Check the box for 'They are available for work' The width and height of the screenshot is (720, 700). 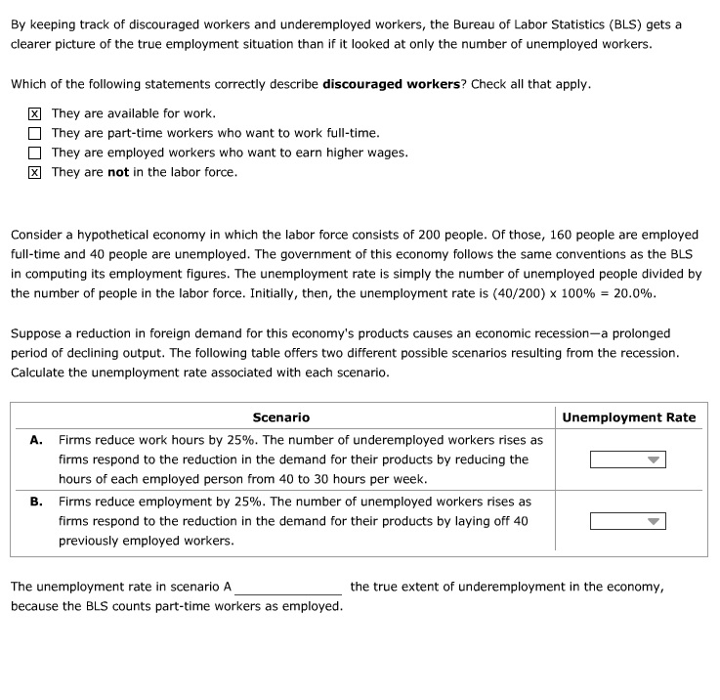[x=35, y=113]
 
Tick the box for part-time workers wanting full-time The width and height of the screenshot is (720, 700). [x=35, y=133]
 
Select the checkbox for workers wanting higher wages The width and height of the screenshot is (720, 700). [x=35, y=153]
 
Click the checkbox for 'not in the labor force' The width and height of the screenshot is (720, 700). [x=35, y=172]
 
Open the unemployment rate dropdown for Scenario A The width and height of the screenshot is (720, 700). [x=627, y=459]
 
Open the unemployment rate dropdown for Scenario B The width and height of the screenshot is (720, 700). [x=627, y=521]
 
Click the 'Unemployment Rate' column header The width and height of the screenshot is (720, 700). [x=629, y=417]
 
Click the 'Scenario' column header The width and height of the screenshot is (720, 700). [x=280, y=417]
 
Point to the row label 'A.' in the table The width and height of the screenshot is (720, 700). [x=36, y=440]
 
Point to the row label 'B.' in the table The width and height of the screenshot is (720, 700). [x=36, y=501]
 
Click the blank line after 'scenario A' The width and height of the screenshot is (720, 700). [x=288, y=589]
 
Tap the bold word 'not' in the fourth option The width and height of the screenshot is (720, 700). [x=118, y=172]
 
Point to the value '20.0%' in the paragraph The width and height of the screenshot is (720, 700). [x=634, y=293]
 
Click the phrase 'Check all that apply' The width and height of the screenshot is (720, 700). [x=530, y=84]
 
